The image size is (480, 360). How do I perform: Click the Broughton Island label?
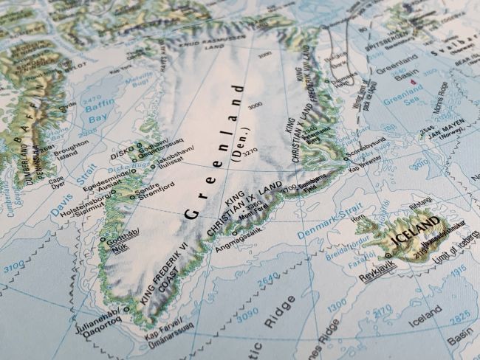tap(72, 150)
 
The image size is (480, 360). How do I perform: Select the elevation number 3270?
tap(250, 151)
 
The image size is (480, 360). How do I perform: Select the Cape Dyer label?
tap(56, 181)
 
